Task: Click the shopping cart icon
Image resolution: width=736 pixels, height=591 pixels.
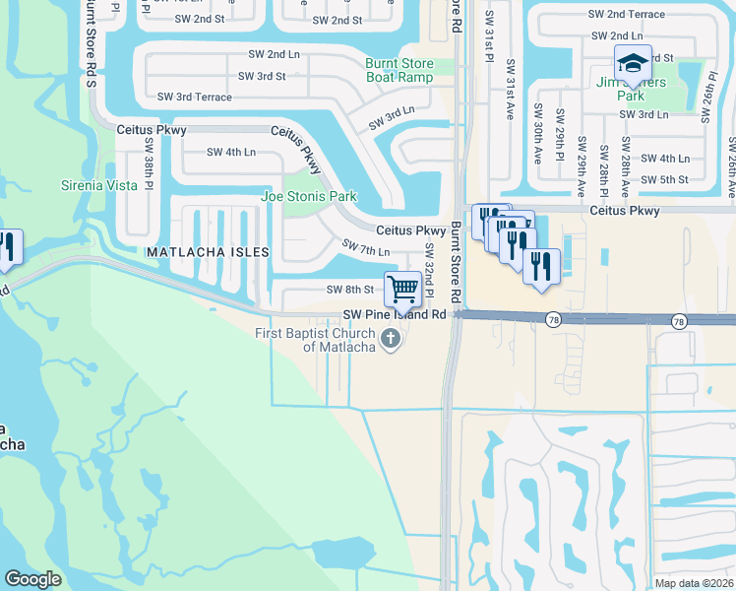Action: [402, 289]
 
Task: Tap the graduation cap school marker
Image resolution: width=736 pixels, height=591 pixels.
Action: [632, 64]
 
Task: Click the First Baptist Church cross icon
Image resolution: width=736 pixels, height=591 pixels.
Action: [391, 341]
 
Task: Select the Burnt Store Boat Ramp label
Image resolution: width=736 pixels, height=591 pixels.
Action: [399, 70]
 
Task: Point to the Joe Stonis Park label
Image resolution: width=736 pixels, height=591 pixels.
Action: [308, 196]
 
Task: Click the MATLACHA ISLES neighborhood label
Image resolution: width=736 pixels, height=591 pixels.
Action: [207, 252]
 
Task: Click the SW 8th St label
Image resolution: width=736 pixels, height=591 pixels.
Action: [350, 290]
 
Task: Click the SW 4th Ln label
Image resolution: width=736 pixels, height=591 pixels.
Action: [231, 152]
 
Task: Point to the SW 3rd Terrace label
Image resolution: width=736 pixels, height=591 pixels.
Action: [195, 97]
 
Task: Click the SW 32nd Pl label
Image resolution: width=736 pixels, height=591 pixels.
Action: [429, 267]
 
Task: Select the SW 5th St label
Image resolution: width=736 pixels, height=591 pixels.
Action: [664, 179]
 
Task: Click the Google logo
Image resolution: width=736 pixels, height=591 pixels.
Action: [33, 579]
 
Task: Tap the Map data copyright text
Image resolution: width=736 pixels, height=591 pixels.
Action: [695, 583]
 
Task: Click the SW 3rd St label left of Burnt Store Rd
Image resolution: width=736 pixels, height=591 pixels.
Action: [262, 76]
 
